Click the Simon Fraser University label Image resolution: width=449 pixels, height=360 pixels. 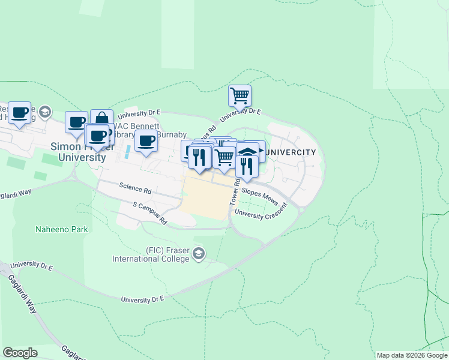click(x=78, y=151)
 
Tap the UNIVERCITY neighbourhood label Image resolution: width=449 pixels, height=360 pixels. click(x=291, y=152)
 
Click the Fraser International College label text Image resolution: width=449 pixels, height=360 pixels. click(x=151, y=254)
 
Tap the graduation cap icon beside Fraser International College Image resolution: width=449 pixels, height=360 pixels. click(x=199, y=255)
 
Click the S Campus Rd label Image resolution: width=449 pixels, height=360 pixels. click(x=150, y=213)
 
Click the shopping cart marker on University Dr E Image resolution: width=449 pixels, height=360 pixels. click(x=240, y=95)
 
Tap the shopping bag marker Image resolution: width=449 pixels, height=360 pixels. click(x=102, y=119)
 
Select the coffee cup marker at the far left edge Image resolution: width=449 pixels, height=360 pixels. click(x=19, y=112)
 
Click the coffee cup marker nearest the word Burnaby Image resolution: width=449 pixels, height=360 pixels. click(x=146, y=142)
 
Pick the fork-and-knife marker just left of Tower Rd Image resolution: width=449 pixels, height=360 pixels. click(x=200, y=157)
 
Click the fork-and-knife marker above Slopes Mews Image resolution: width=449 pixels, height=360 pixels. click(x=246, y=166)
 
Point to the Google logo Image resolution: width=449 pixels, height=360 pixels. click(x=20, y=353)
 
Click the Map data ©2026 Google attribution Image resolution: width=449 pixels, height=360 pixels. click(x=411, y=355)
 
